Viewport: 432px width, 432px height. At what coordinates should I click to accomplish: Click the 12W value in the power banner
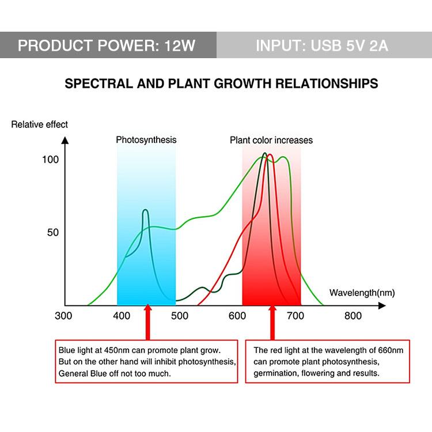180,46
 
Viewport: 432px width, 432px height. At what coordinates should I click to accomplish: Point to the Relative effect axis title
39,124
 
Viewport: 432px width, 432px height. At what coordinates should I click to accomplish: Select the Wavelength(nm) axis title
362,293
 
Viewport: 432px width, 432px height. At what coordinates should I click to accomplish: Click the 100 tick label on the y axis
51,160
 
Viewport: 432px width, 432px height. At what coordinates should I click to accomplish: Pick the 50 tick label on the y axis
53,233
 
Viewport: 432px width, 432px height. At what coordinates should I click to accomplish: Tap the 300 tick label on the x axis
63,316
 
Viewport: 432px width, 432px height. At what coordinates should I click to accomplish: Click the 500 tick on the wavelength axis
180,316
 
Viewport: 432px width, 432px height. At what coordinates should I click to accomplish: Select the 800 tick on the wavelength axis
353,316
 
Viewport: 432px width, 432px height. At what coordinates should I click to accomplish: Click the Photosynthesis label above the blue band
146,140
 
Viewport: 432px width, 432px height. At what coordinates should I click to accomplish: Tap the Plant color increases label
271,140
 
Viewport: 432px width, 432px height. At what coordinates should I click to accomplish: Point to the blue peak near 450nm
145,210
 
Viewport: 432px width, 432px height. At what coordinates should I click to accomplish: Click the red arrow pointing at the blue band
148,322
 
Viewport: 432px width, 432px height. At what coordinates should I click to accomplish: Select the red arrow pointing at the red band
272,322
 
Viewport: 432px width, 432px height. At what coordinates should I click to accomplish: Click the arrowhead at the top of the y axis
65,140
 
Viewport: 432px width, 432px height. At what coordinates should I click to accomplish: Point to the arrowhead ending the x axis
382,305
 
